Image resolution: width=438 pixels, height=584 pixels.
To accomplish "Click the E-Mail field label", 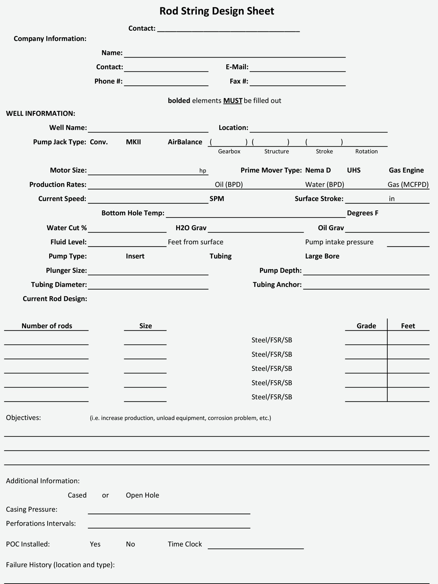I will tap(237, 67).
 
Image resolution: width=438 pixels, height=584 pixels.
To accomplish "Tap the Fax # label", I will tap(239, 81).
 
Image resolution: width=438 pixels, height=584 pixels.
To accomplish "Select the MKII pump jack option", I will tap(133, 142).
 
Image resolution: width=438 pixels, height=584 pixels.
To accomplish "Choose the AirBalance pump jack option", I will tap(185, 142).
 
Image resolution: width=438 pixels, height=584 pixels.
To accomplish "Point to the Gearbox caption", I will tap(229, 151).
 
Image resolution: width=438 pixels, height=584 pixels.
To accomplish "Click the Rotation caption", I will tap(366, 151).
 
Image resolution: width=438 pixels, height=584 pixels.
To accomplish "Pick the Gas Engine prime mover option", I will tap(406, 170).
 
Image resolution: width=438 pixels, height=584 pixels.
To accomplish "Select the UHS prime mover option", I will tap(354, 170).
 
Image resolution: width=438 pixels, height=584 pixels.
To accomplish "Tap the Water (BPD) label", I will tap(325, 185).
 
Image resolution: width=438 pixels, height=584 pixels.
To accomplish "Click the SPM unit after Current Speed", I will tap(217, 199).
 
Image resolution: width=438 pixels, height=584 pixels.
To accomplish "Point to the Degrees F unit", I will tap(362, 213).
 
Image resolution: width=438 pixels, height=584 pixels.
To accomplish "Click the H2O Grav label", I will tap(191, 228).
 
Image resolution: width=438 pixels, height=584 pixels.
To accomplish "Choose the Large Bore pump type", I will tap(322, 256).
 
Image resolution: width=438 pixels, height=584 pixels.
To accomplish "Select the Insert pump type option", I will tap(135, 256).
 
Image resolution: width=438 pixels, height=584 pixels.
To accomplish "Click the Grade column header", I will tap(366, 326).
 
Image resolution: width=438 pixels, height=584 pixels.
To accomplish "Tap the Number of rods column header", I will tap(47, 326).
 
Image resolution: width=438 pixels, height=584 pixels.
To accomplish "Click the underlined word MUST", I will tap(232, 101).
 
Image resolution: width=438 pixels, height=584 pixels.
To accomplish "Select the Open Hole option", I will tap(142, 495).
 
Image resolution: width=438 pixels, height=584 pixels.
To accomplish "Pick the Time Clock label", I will tap(185, 544).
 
